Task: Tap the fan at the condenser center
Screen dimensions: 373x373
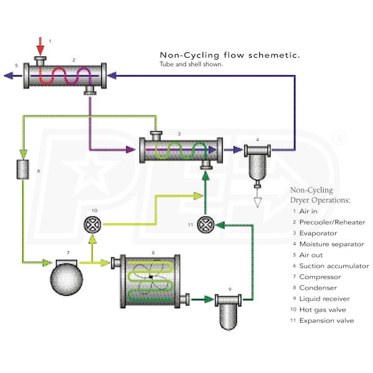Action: point(151,277)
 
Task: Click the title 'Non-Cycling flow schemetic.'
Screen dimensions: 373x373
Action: point(230,55)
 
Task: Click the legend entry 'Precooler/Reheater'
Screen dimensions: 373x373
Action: point(332,222)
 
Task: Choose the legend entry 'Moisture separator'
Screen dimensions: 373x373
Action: point(331,244)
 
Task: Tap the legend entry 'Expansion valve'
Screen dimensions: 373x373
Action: point(326,321)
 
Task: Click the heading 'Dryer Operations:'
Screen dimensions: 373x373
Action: point(321,200)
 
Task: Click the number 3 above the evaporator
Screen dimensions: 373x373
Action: point(179,133)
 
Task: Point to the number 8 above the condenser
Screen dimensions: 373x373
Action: point(153,252)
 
